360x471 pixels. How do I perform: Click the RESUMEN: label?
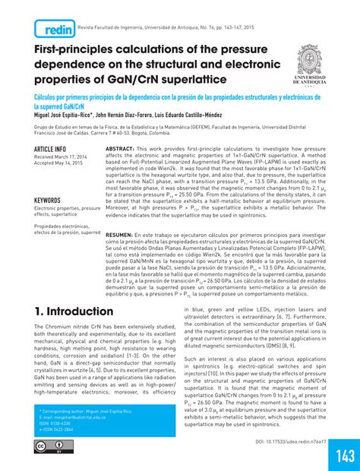point(122,236)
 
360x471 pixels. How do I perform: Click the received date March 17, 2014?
point(61,156)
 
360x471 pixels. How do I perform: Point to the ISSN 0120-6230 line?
point(55,423)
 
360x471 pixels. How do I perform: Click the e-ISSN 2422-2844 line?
point(57,430)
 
